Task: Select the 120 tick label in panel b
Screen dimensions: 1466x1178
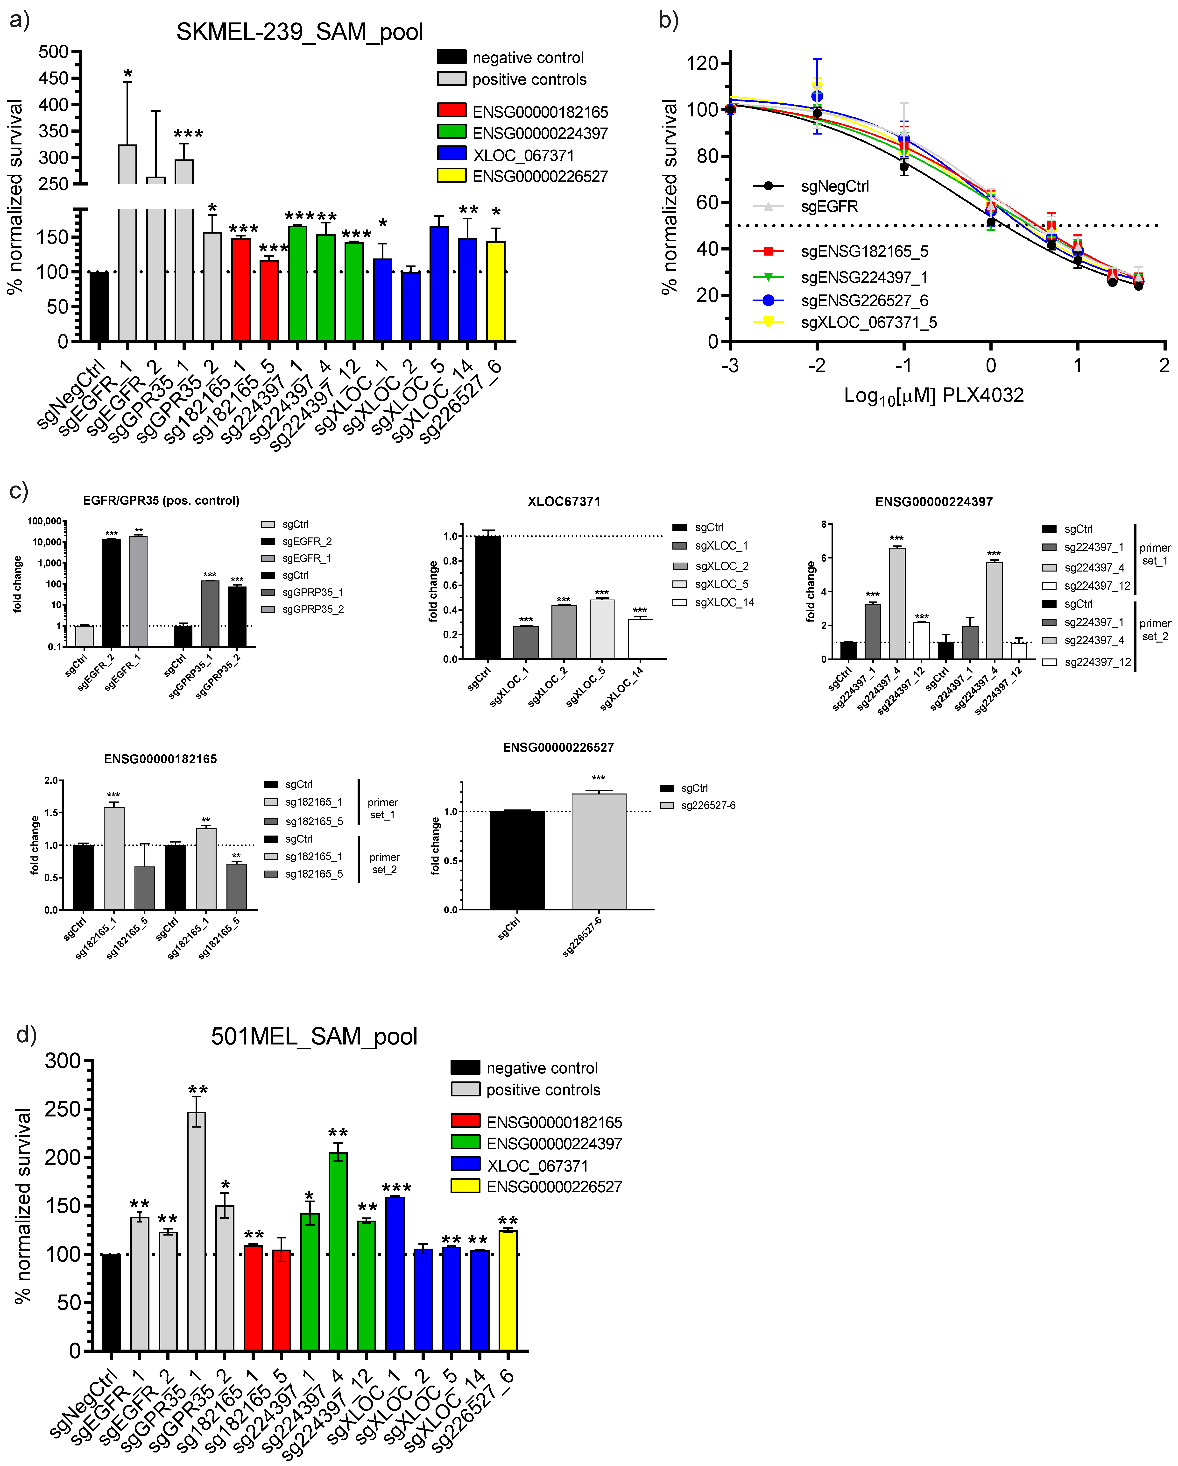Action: coord(702,63)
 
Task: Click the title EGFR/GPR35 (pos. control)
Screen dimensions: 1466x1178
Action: coord(161,501)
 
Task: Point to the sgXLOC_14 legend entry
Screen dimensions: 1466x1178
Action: coord(724,602)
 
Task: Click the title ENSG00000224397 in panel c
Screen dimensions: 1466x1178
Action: coord(933,502)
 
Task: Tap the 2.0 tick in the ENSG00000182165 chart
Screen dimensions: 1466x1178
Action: coord(51,781)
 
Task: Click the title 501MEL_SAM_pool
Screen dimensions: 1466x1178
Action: coord(314,1036)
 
